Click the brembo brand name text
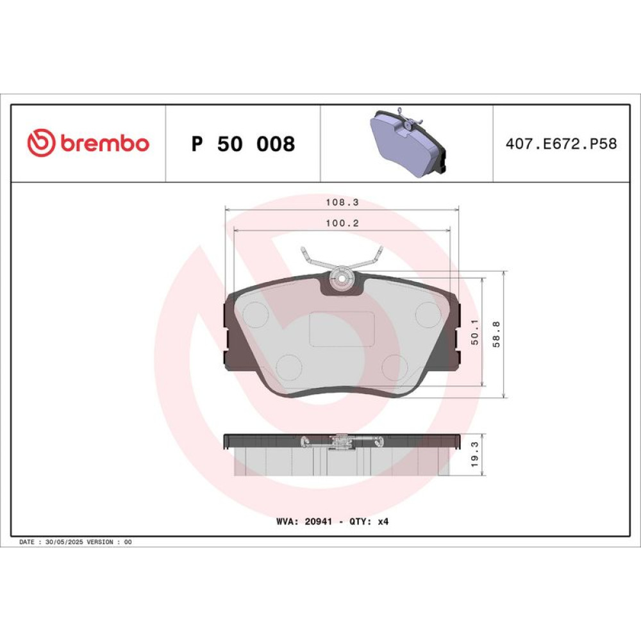(x=105, y=143)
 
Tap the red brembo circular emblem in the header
(x=41, y=143)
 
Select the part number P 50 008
(x=243, y=144)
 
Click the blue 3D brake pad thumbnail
(x=407, y=142)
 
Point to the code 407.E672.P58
(x=562, y=144)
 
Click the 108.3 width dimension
(x=342, y=202)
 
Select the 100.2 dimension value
(x=342, y=223)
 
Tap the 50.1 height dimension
(x=474, y=332)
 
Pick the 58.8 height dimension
(x=496, y=334)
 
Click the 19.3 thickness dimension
(x=474, y=454)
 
